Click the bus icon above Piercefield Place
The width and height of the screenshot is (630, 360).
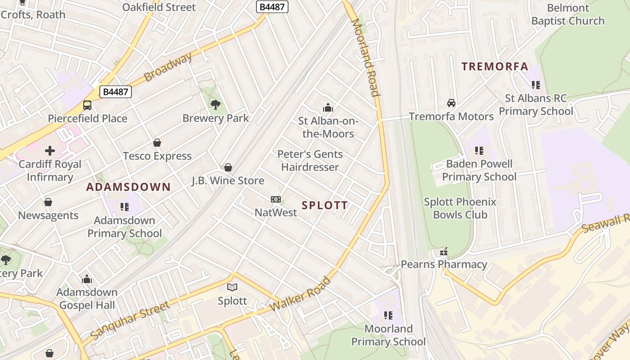click(87, 105)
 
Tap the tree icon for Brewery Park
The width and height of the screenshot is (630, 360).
click(216, 105)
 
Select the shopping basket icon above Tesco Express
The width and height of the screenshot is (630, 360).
click(157, 143)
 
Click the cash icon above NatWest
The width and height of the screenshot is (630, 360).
click(276, 199)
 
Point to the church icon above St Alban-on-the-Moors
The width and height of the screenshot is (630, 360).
click(328, 108)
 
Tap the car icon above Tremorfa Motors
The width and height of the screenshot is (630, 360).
click(451, 103)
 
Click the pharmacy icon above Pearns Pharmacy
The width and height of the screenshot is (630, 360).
click(444, 251)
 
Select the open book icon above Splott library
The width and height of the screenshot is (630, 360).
click(232, 287)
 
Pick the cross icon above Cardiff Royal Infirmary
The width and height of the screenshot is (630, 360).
click(50, 151)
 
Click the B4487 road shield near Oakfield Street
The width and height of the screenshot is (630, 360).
click(272, 7)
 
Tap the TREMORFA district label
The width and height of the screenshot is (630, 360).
click(495, 67)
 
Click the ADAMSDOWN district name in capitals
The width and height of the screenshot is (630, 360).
click(128, 187)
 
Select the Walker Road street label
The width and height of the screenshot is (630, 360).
click(301, 295)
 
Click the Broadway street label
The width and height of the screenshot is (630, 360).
click(168, 67)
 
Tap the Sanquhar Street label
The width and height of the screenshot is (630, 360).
click(130, 321)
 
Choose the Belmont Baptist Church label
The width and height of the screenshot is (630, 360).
click(568, 14)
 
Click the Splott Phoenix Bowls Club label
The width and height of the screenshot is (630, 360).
click(460, 208)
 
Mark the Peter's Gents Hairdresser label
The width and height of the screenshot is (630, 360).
click(310, 161)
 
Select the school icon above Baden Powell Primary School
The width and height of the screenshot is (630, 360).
click(479, 150)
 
